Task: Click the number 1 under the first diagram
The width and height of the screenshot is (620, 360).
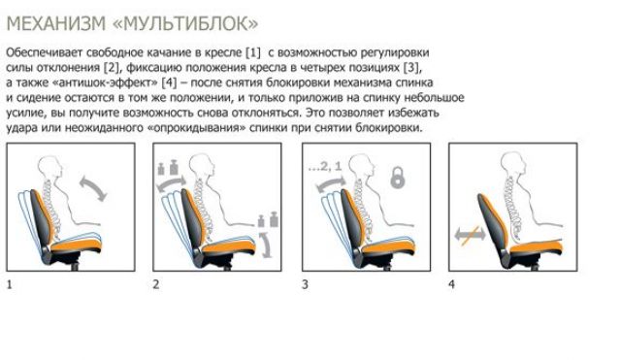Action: (10, 285)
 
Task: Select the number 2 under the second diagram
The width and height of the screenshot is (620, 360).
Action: (155, 285)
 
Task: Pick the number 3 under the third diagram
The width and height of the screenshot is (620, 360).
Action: (305, 285)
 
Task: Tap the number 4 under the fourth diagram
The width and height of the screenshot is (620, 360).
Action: (451, 285)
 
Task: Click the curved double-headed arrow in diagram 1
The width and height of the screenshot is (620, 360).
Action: (93, 186)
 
